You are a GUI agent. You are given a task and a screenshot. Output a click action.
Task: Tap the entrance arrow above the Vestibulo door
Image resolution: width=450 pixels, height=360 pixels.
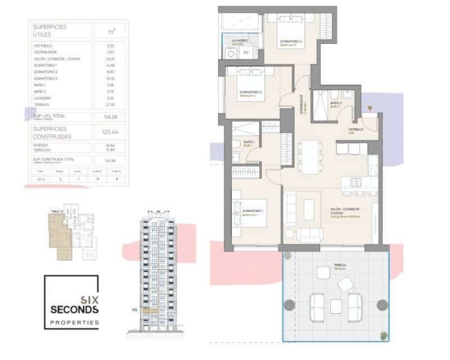(370, 109)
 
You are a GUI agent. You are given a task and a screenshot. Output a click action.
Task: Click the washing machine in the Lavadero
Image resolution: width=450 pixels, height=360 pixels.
(231, 54)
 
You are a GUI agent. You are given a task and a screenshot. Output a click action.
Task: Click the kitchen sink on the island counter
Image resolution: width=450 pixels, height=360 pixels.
(355, 182)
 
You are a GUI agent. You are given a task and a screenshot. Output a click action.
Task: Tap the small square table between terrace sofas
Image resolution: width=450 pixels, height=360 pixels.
(336, 306)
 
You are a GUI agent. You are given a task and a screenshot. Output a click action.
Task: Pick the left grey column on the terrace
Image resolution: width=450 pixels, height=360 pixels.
(289, 305)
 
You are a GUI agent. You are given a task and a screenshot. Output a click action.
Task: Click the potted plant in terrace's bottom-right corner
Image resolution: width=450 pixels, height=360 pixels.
(384, 336)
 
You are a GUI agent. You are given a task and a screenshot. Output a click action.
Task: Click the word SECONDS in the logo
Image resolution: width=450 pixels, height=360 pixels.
(74, 309)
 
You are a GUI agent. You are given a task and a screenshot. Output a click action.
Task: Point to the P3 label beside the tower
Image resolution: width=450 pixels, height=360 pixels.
(134, 309)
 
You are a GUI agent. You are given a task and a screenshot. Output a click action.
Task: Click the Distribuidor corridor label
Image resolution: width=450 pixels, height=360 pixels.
(301, 104)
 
